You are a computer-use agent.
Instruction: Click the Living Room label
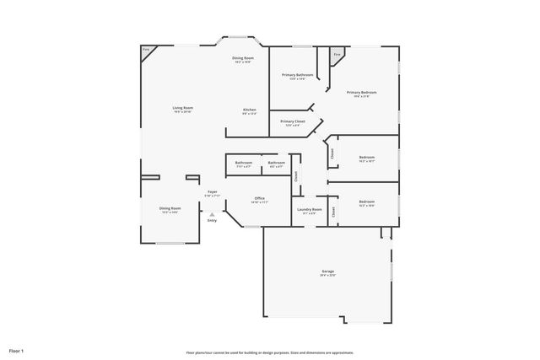(182, 108)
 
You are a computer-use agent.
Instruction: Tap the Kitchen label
(250, 110)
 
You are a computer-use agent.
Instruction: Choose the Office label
(259, 199)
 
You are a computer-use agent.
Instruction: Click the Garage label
(327, 271)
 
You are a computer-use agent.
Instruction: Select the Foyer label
(213, 192)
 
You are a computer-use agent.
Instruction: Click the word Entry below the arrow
(212, 221)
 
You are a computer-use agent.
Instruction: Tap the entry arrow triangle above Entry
(212, 214)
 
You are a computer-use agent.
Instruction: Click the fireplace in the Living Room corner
(146, 51)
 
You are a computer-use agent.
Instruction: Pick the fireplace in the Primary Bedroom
(337, 55)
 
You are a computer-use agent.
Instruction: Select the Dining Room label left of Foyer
(170, 208)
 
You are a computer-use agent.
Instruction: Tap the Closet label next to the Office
(296, 176)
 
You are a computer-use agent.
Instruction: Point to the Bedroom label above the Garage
(366, 201)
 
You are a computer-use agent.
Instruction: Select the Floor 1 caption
(17, 350)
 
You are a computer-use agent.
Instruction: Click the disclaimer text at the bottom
(270, 352)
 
